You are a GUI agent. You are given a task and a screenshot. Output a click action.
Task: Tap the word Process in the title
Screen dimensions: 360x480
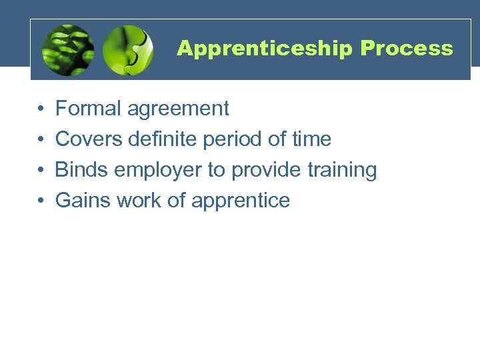[x=407, y=49]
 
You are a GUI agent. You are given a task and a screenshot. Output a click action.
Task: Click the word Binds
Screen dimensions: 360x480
[x=81, y=170]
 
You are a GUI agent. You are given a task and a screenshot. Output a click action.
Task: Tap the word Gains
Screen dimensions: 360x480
[x=83, y=201]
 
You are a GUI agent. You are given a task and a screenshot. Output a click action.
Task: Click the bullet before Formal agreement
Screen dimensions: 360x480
[x=41, y=109]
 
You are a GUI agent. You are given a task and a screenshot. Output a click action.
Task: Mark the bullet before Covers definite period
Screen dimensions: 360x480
[x=41, y=139]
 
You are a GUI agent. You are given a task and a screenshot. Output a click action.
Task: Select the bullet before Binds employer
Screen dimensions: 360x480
[x=41, y=170]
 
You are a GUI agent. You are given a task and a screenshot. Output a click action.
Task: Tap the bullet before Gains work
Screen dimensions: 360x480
[x=41, y=201]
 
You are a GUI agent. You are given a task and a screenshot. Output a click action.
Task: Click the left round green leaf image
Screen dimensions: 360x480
[x=67, y=50]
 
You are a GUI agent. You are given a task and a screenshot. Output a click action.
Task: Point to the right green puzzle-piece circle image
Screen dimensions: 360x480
[x=128, y=50]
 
